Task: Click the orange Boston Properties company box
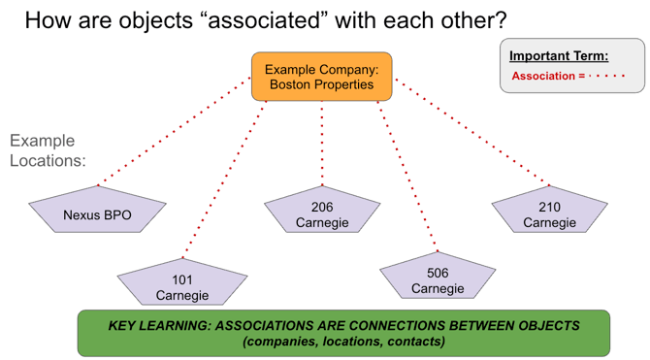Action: (321, 77)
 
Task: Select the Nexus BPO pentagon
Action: (97, 214)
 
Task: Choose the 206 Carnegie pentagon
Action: (322, 214)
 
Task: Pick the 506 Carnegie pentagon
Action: (438, 280)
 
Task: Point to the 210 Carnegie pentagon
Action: (549, 214)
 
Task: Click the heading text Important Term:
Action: (559, 56)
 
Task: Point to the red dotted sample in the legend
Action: (606, 76)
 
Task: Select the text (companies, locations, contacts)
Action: (343, 342)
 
